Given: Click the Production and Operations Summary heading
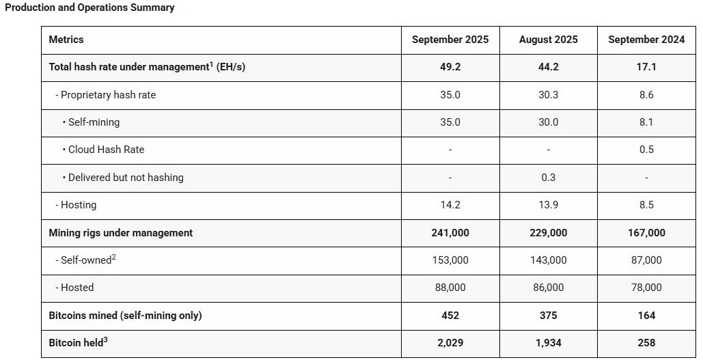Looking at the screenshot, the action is (x=89, y=8).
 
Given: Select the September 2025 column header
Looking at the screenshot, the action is (x=450, y=40).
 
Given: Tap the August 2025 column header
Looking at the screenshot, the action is (x=549, y=40).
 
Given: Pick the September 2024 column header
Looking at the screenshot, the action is (x=646, y=40).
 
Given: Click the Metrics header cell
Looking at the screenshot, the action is (x=66, y=40).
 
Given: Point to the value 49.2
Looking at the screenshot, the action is (x=450, y=67).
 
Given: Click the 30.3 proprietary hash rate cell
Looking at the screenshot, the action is (x=549, y=94).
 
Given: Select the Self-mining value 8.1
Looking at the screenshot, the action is (x=646, y=122).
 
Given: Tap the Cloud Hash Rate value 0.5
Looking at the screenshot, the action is (x=646, y=150).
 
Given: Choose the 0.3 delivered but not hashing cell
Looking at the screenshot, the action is (x=549, y=177).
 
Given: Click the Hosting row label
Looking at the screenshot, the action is (x=76, y=205).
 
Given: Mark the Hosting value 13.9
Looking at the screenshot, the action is (x=549, y=205).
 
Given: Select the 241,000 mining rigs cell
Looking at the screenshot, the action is (x=450, y=233).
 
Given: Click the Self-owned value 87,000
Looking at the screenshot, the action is (x=646, y=260).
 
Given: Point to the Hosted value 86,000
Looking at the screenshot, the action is (x=549, y=288).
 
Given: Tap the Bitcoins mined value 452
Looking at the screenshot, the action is (x=450, y=315).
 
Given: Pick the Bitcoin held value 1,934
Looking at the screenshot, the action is (x=549, y=343).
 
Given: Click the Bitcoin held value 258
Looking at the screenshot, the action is (x=646, y=343).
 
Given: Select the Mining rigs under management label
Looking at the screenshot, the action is (x=121, y=233).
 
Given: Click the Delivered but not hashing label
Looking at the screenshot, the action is (x=123, y=177).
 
